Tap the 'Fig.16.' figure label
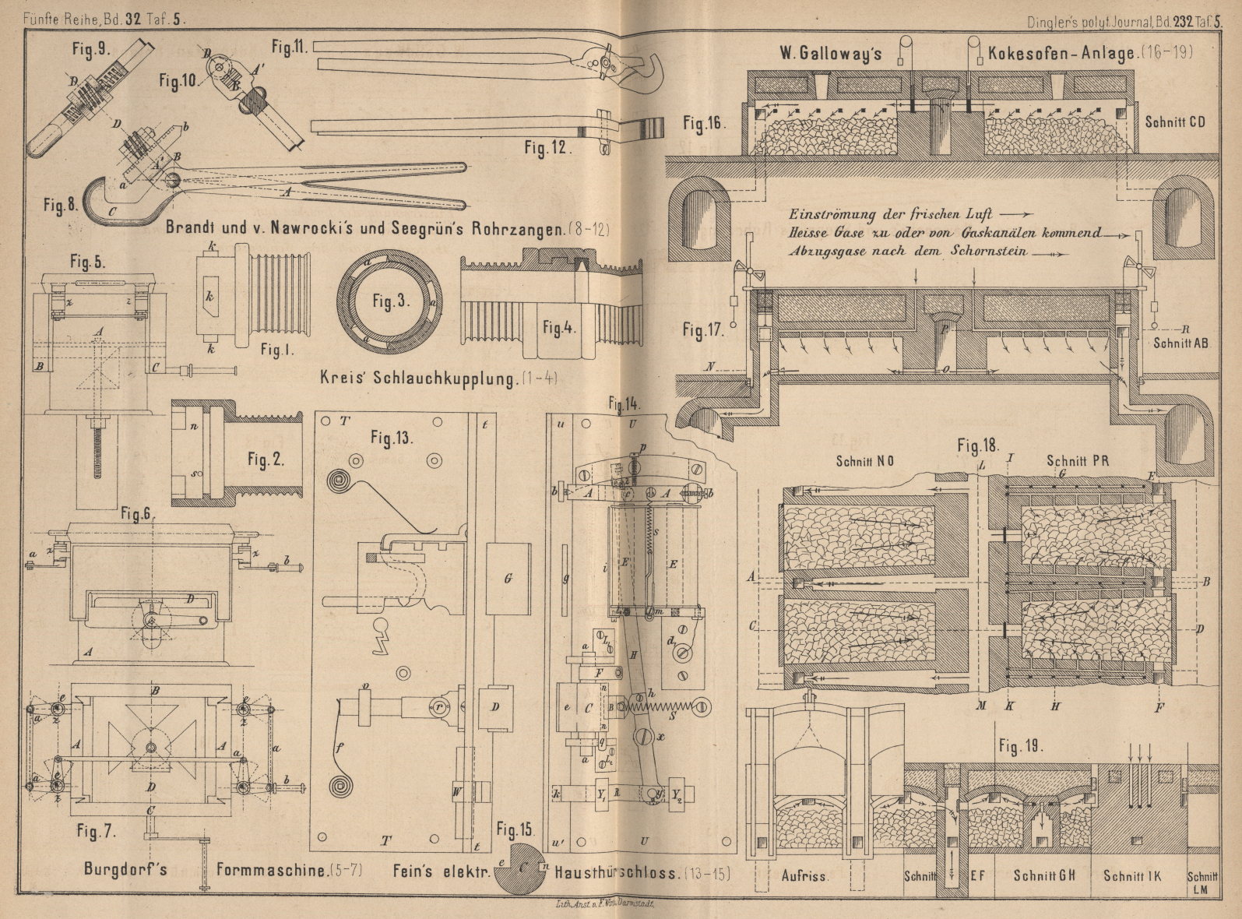[704, 123]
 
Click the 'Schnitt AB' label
[1181, 342]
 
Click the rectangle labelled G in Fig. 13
[507, 579]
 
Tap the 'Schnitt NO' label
[864, 460]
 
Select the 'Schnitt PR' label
[1079, 460]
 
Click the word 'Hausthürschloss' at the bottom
[614, 872]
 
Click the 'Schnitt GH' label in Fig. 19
[1043, 875]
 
